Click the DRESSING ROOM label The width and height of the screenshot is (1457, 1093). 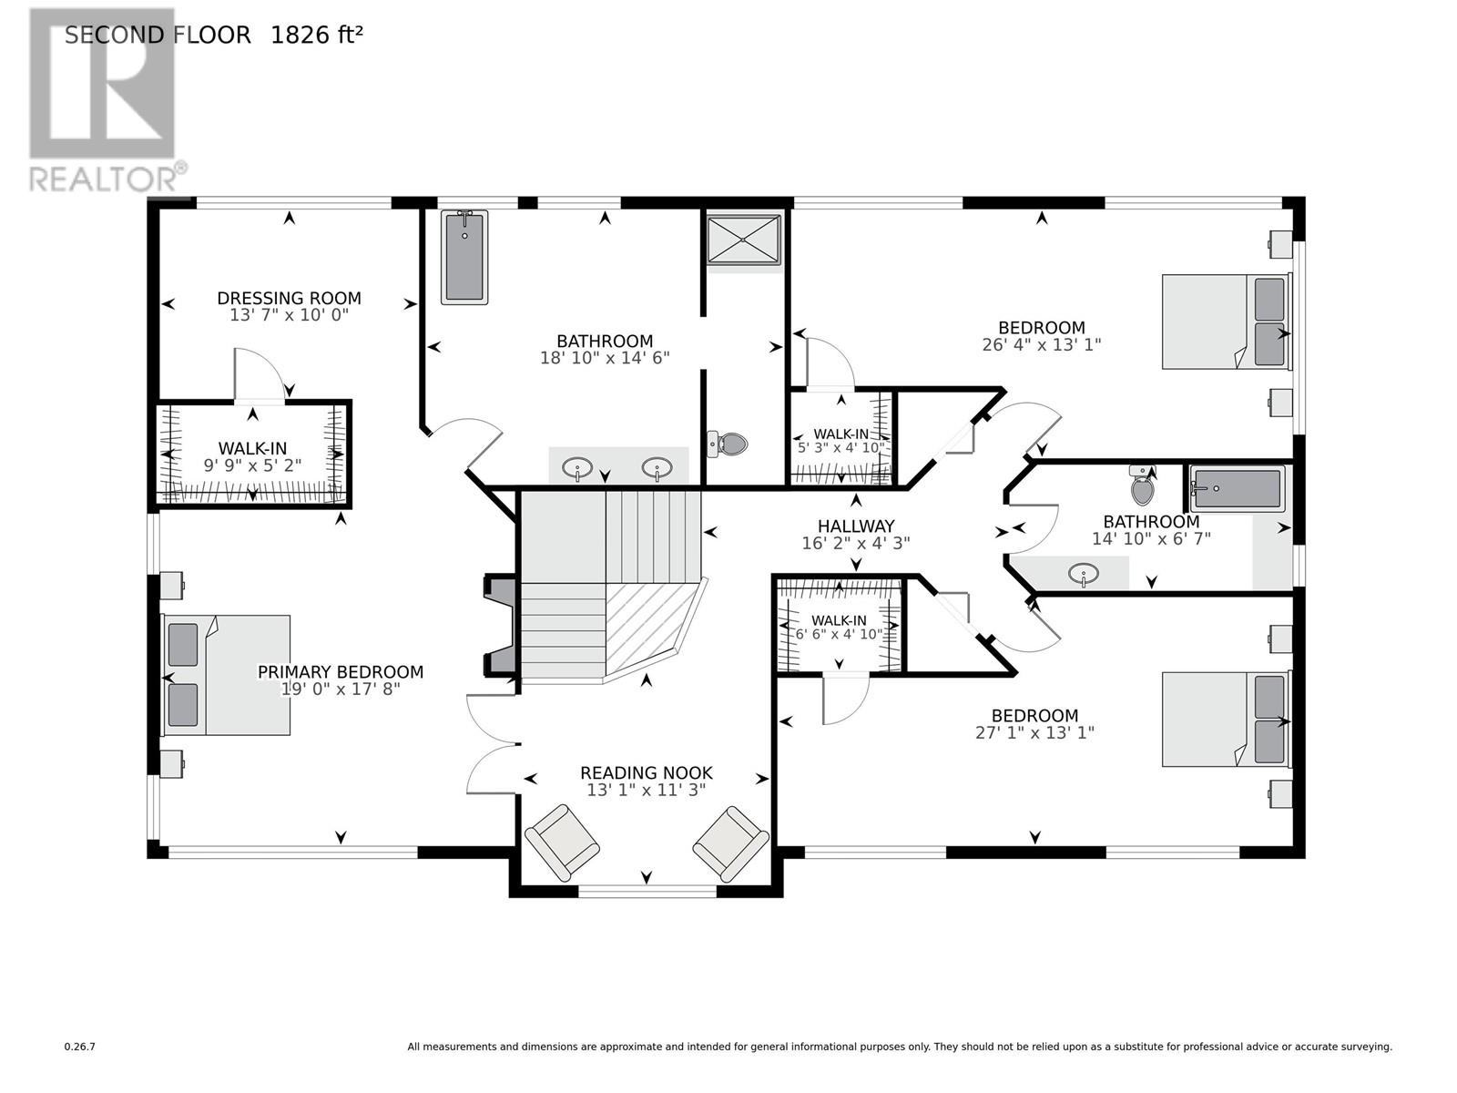289,298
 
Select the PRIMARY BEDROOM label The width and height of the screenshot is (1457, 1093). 340,672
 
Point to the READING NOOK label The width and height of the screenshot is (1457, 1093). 646,773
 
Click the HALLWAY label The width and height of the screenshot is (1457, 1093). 855,526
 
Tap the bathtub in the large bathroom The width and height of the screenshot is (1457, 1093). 464,257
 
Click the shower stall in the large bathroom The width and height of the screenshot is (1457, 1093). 744,240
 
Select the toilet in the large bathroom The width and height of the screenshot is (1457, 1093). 728,444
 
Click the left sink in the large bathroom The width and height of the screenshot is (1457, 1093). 576,470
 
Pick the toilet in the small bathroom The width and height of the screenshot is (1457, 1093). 1142,487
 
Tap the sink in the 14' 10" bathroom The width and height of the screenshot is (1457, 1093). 1083,575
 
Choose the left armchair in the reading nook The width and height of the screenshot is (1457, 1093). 562,843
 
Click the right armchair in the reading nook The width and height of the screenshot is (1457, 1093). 730,843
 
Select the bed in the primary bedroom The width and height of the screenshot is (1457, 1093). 227,675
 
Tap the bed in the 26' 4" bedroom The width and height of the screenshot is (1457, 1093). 1226,322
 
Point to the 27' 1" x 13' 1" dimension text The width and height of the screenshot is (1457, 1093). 1034,732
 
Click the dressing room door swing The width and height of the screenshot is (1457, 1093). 262,372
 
